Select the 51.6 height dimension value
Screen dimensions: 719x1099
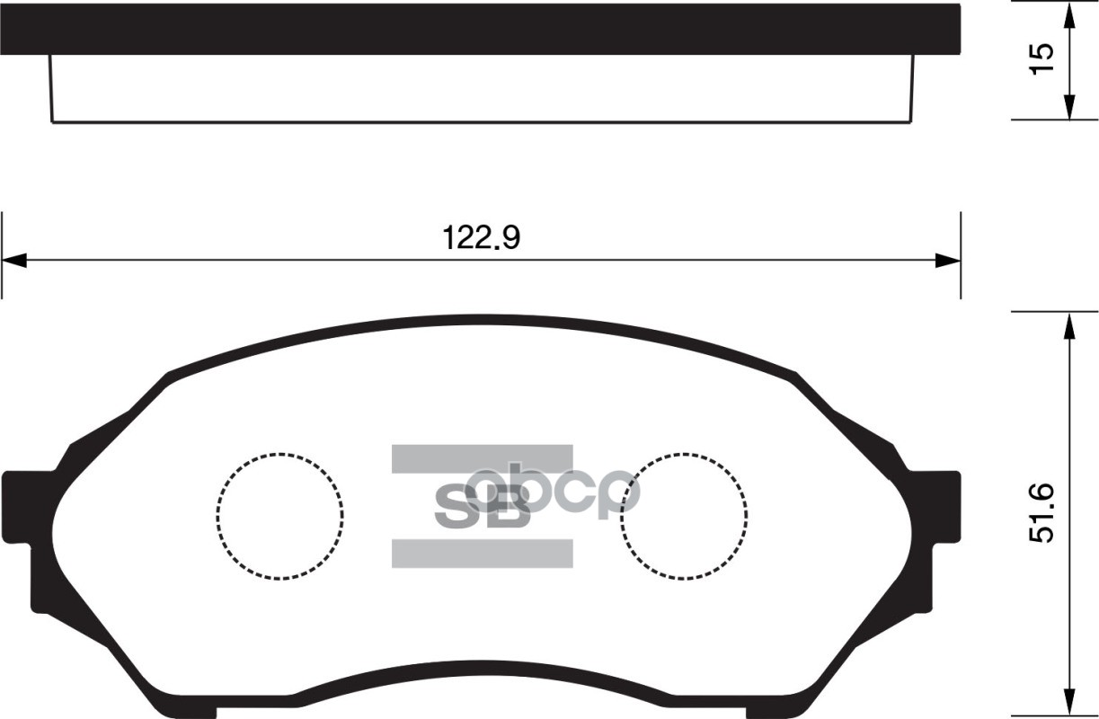1041,512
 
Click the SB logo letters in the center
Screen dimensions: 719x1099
482,508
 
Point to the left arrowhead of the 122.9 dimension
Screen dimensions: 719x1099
14,261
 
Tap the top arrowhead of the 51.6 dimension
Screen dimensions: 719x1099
1068,325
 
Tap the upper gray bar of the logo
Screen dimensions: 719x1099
482,458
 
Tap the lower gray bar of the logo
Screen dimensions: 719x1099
482,554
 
